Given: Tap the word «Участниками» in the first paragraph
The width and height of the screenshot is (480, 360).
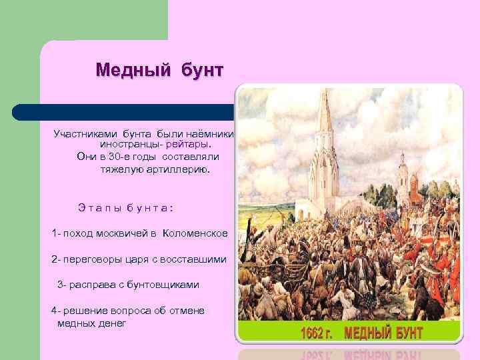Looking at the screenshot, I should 85,133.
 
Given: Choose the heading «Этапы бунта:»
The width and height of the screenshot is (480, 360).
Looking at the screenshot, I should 126,207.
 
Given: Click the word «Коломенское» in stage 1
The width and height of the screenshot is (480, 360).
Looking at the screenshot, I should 195,233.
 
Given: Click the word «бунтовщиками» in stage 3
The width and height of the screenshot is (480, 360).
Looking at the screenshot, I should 164,285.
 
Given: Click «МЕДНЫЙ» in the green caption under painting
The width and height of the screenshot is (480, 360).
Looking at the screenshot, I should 369,332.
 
